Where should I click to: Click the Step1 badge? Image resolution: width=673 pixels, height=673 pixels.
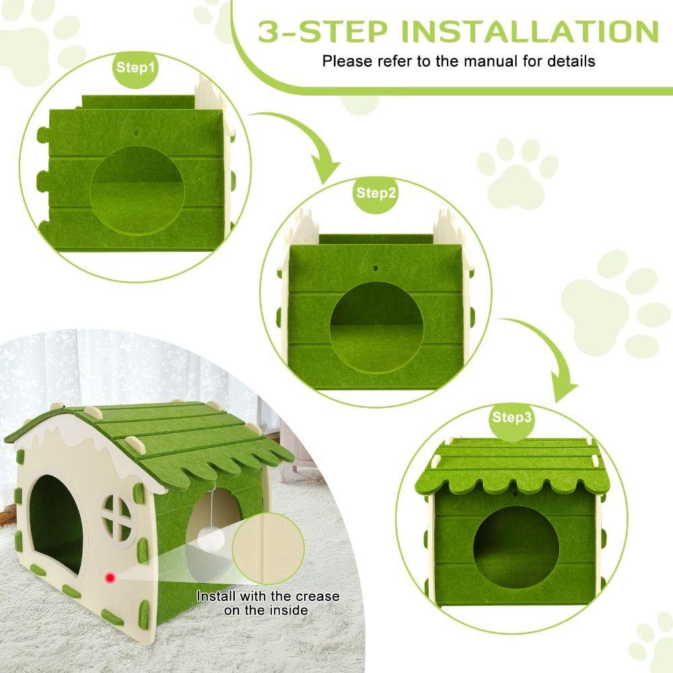pyautogui.click(x=135, y=67)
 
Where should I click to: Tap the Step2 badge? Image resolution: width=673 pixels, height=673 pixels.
pyautogui.click(x=376, y=193)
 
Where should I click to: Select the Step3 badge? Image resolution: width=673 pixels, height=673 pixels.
pyautogui.click(x=511, y=417)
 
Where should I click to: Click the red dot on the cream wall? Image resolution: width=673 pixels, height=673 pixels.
pyautogui.click(x=108, y=577)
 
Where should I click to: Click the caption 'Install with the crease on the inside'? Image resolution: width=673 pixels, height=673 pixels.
pyautogui.click(x=267, y=603)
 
